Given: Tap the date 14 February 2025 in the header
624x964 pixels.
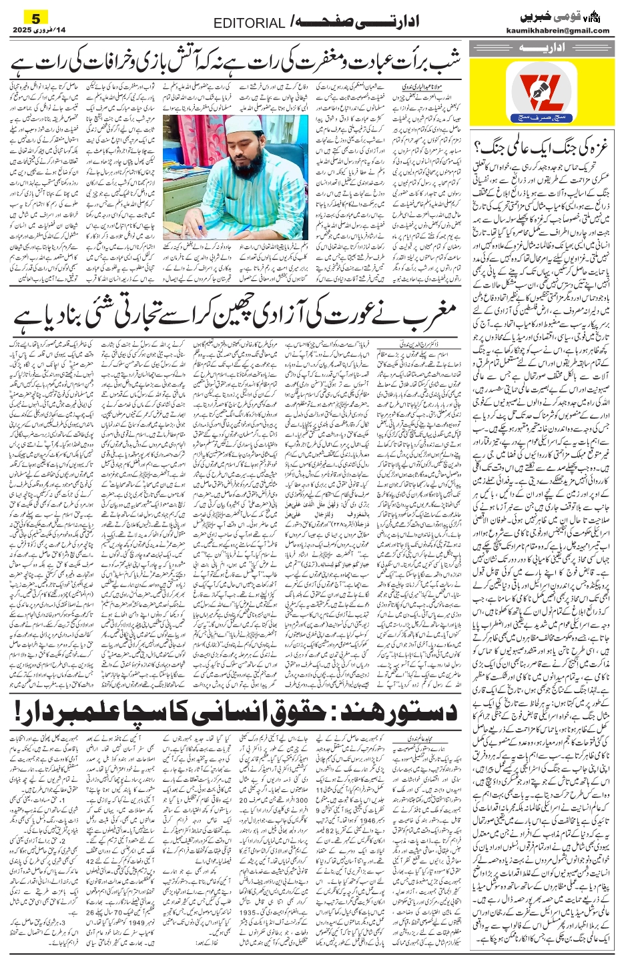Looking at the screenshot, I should coord(39,30).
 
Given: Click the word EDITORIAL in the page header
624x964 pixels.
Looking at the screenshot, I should coord(249,24).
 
